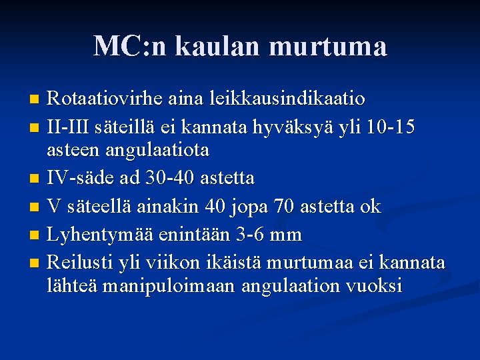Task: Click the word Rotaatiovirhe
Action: tap(106, 99)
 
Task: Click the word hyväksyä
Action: tap(311, 125)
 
